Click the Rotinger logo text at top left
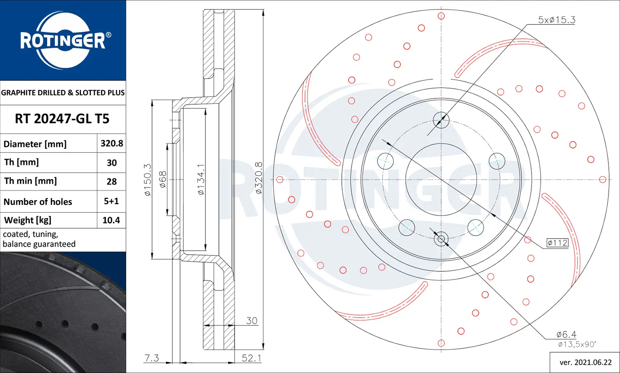63,41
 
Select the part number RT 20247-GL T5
62,119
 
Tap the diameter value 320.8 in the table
112,143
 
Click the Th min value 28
112,182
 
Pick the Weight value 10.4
111,220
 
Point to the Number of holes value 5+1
111,201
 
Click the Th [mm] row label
21,162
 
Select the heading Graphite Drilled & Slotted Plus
63,93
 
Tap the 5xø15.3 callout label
556,20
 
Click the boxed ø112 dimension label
557,243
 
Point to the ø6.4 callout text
566,334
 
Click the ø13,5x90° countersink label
577,344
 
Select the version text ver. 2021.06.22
585,362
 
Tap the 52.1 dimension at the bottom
251,358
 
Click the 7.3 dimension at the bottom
152,358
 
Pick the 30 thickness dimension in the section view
251,320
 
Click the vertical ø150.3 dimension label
148,179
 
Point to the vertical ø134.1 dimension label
200,179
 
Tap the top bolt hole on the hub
441,120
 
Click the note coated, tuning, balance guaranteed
39,239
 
